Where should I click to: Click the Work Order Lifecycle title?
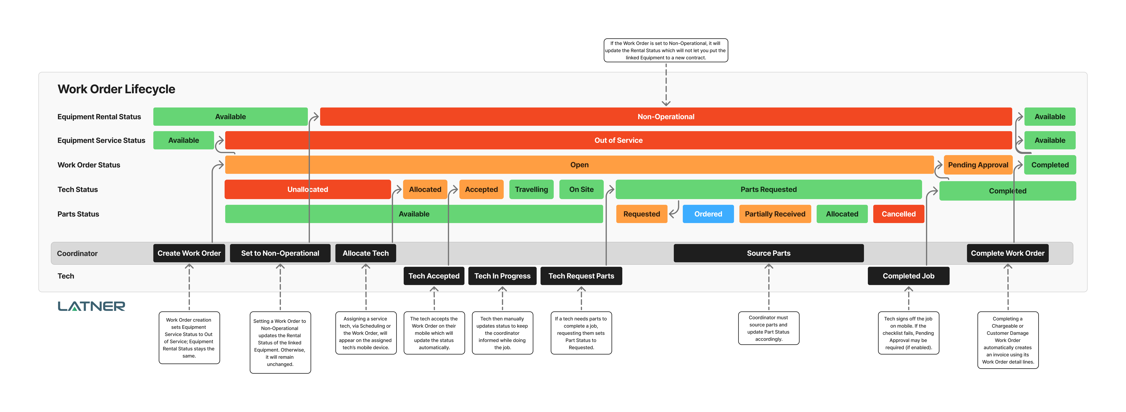pyautogui.click(x=116, y=89)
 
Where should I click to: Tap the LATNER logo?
pyautogui.click(x=91, y=306)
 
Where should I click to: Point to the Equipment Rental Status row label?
pyautogui.click(x=99, y=117)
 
